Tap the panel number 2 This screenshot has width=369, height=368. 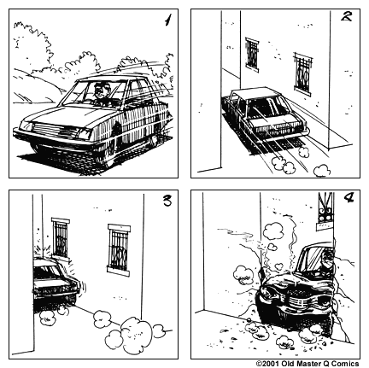pyautogui.click(x=347, y=20)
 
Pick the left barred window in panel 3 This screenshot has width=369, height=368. pyautogui.click(x=60, y=238)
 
